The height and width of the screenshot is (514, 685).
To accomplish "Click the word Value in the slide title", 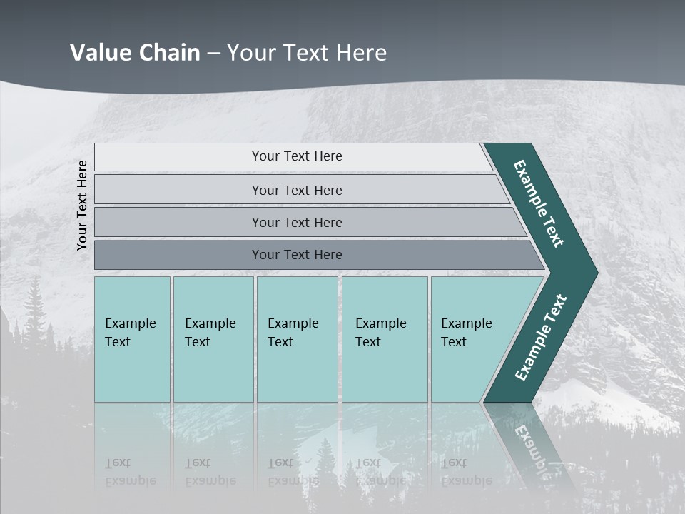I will pos(101,53).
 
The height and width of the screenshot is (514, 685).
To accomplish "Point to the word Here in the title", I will pos(361,53).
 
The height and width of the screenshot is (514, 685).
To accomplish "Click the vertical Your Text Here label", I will pos(82,205).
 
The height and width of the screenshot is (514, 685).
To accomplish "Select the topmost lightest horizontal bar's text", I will pos(297,156).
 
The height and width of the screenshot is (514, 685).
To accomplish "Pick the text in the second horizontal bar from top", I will pos(297,190).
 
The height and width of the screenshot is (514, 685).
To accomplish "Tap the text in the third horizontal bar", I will pos(297,222).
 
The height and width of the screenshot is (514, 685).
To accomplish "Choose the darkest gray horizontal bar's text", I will pos(297,254).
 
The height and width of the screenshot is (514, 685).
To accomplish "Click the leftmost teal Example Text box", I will pos(132,333).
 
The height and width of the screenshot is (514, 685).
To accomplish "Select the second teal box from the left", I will pos(213,333).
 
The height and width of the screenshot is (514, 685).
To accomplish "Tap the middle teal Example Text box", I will pos(296,333).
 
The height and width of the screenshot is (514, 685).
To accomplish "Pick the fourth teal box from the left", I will pos(384,333).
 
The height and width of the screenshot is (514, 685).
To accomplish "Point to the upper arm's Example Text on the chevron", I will pos(539,203).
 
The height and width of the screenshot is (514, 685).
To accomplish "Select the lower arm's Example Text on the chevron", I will pos(541,338).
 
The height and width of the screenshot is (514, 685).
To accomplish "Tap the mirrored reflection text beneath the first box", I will pos(131,472).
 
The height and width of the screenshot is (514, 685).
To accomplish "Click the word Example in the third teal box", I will pos(293,323).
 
